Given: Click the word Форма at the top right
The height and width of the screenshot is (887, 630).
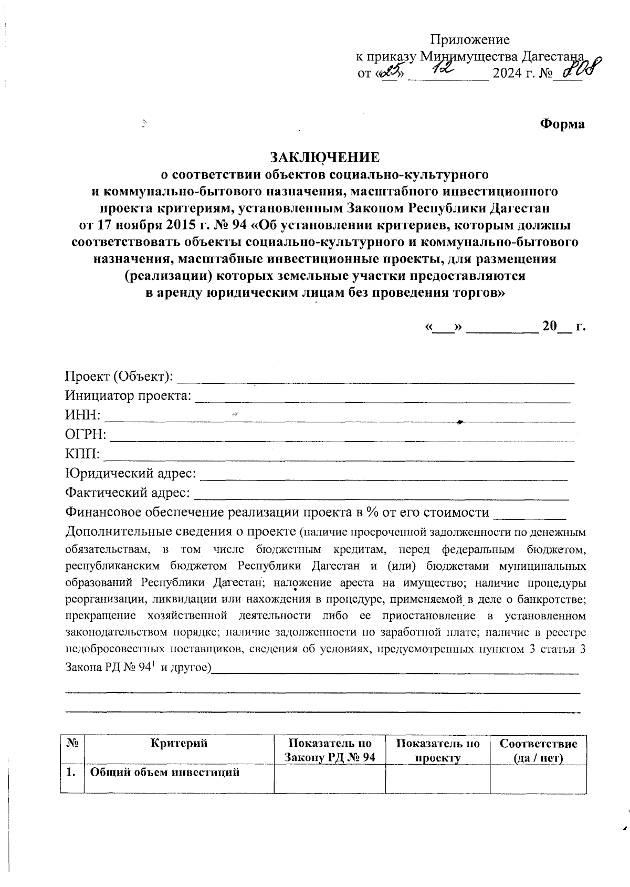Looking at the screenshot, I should pos(562,124).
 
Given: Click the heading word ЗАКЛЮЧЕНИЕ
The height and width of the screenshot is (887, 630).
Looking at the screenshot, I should pos(323,157).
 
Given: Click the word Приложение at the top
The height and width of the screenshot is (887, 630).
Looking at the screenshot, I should pos(470,40).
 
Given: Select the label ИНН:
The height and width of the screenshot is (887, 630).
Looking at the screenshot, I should pos(82,415).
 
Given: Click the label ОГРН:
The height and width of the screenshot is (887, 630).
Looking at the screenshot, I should pos(86,435).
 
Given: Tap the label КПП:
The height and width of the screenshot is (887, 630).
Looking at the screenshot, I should pos(83,454).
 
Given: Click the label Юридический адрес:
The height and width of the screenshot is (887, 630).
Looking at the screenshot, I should pos(131,474).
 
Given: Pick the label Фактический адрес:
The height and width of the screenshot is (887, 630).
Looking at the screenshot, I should pos(128,493).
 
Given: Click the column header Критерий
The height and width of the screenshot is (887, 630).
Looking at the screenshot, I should pos(179,743).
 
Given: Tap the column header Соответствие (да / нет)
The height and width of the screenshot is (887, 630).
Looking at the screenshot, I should pos(538,750).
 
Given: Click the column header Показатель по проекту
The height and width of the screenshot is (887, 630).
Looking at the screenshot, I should pos(438,750).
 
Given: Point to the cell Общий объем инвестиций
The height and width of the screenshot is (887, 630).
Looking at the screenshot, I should pos(165,773).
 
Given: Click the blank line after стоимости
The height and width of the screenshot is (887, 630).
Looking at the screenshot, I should pos(530,514).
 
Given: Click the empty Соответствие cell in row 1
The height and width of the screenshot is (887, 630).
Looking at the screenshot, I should pos(538,779).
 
